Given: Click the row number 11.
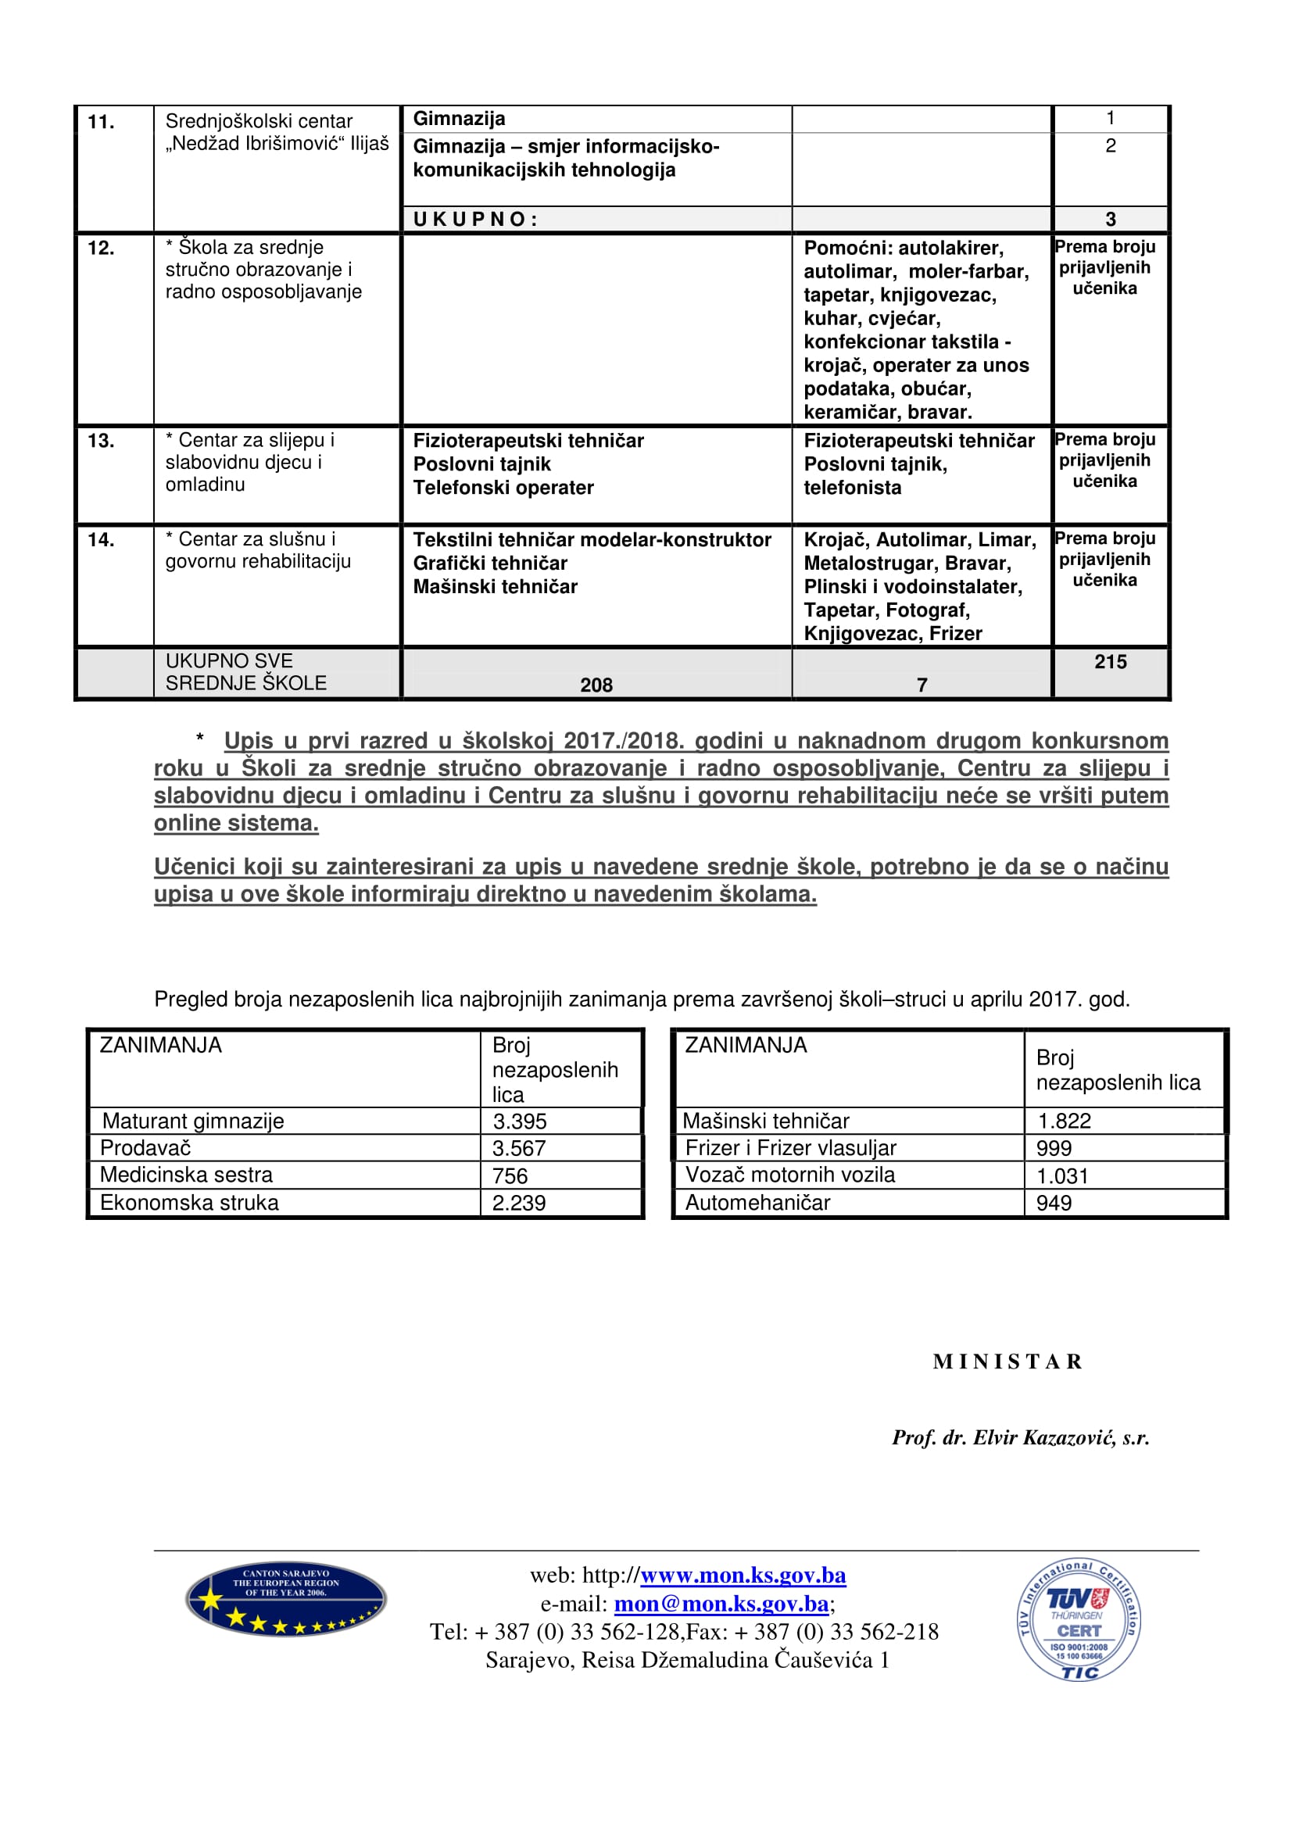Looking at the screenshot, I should click(x=101, y=122).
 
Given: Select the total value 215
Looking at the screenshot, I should click(x=1110, y=662).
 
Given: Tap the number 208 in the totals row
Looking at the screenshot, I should click(x=596, y=685).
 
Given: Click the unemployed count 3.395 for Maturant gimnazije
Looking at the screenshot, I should click(x=520, y=1121).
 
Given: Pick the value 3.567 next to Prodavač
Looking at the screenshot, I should click(x=519, y=1148).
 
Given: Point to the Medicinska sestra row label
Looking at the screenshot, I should click(x=186, y=1175).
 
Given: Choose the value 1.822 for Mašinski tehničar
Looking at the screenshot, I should click(x=1064, y=1121).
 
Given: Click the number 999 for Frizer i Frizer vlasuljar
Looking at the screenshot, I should click(x=1054, y=1148).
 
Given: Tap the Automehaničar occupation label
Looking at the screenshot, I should click(x=757, y=1202).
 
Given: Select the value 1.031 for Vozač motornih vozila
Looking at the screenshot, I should click(x=1062, y=1175).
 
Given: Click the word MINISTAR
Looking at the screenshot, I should click(x=1007, y=1361).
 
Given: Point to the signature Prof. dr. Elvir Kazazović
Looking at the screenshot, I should click(x=1021, y=1437).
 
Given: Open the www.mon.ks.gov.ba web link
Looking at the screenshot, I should click(x=743, y=1575).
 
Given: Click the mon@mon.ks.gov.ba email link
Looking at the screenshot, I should click(x=721, y=1603).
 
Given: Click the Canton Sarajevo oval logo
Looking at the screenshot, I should click(x=286, y=1599).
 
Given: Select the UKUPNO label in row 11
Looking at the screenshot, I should click(x=475, y=220).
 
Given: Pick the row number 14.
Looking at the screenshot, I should click(x=101, y=540).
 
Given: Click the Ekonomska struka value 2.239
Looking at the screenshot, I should click(x=519, y=1203).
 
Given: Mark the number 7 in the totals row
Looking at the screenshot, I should click(x=922, y=685).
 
